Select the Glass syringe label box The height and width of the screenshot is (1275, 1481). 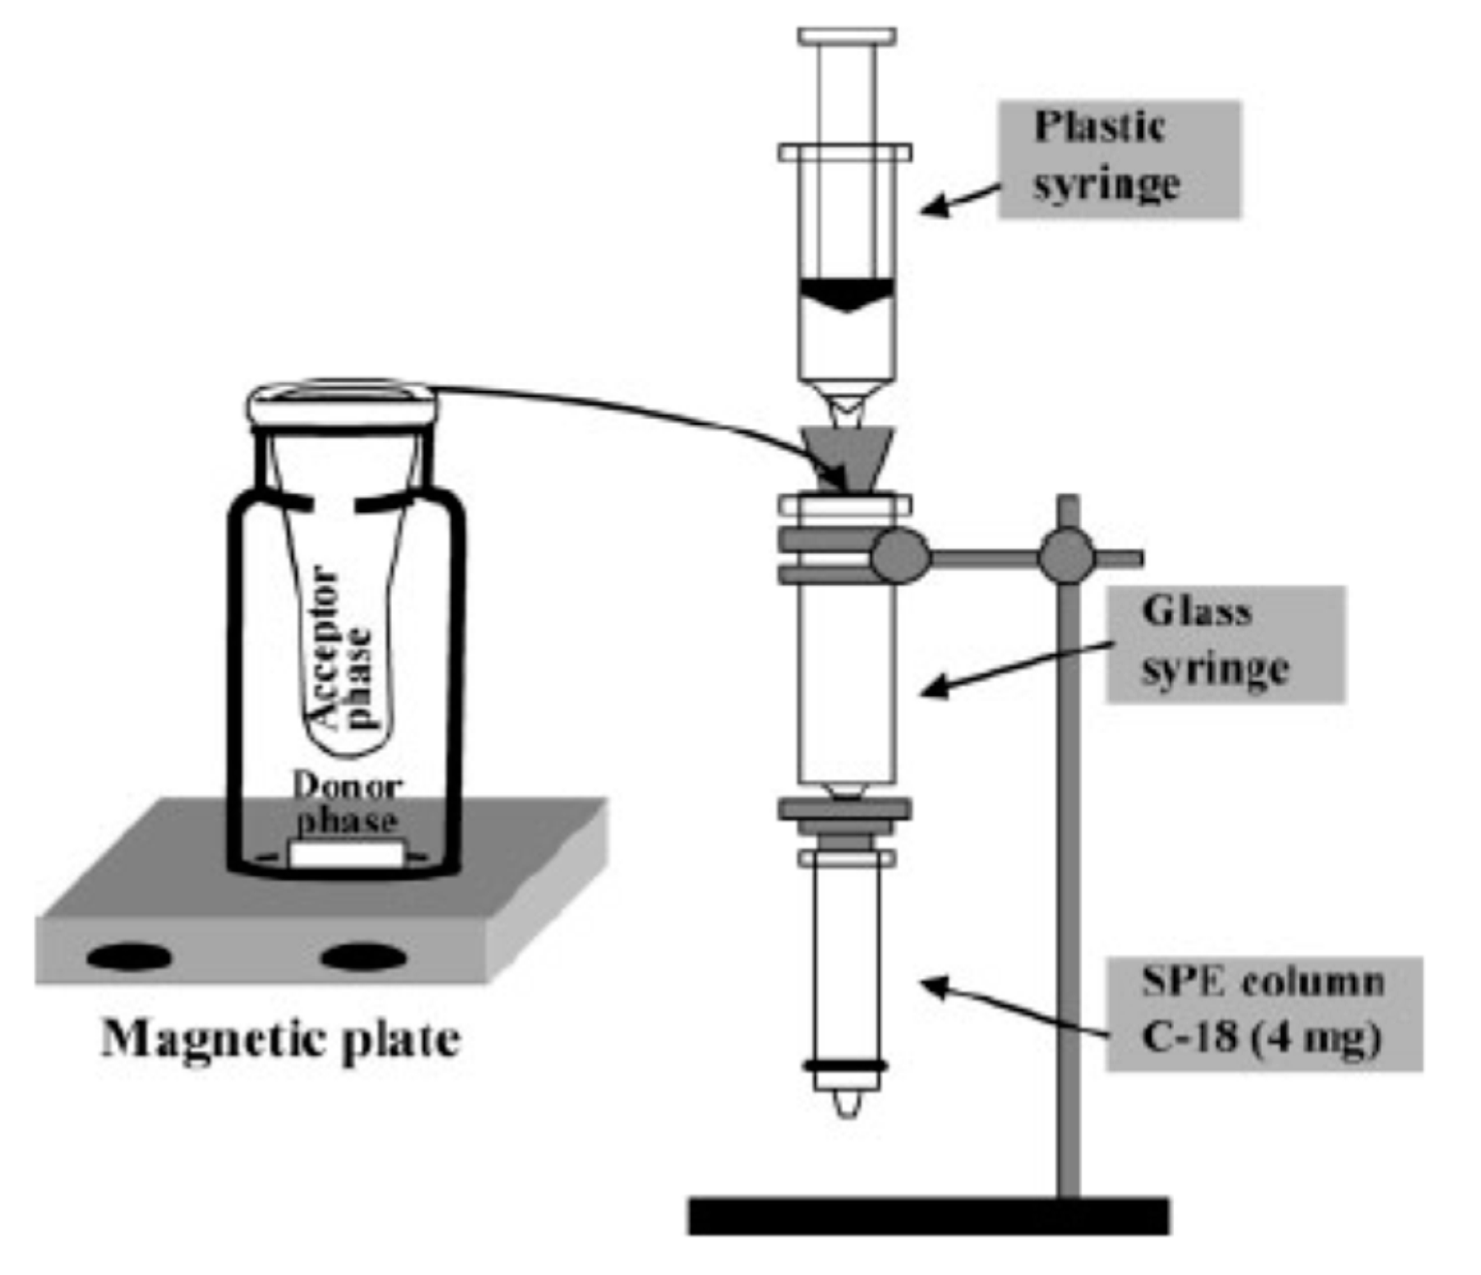[1225, 645]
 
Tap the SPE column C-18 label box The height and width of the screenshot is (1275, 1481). [1264, 1013]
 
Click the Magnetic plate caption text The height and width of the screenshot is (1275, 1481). [281, 1041]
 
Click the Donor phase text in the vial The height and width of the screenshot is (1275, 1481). [347, 804]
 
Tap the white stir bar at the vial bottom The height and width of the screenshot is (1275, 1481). [346, 855]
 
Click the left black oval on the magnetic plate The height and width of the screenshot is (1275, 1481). [130, 958]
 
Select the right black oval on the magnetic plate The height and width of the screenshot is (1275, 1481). [364, 958]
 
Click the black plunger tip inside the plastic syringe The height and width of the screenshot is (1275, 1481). [847, 293]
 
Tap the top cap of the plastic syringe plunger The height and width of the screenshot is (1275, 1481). [847, 35]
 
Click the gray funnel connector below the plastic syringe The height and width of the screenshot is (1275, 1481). [847, 457]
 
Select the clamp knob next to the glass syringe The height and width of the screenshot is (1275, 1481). [900, 557]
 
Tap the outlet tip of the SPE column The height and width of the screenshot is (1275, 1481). [847, 1104]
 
